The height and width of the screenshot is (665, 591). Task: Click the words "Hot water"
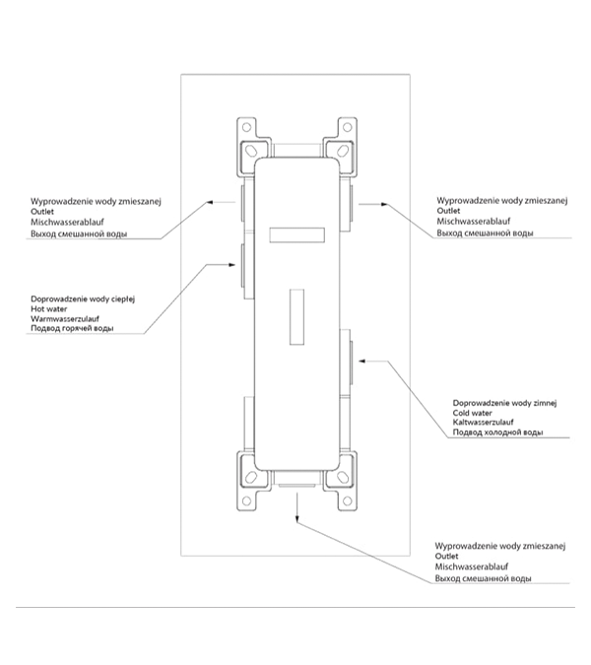[x=47, y=308]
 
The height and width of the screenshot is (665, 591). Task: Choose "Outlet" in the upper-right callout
[x=448, y=211]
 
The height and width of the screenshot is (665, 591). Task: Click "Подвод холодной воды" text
[x=496, y=432]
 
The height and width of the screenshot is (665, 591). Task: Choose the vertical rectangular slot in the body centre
[x=295, y=317]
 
